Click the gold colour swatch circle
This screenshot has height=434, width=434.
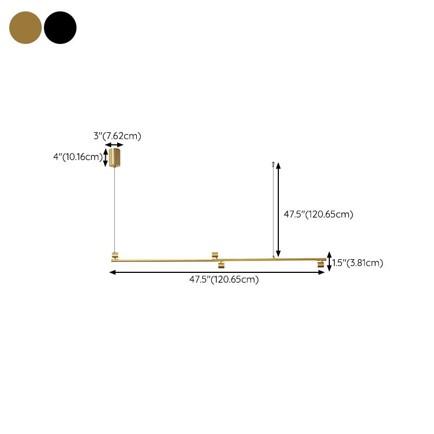pos(25,28)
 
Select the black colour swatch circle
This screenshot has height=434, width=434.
pos(60,28)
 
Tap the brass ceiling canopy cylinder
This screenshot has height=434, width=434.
pos(114,158)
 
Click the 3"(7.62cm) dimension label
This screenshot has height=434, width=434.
pos(117,136)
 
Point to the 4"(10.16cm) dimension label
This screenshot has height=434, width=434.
pos(78,157)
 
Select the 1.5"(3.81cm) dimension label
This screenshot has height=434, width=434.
pos(358,263)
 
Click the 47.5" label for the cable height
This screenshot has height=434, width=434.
pos(318,214)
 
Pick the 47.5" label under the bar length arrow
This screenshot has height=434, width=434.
pos(224,279)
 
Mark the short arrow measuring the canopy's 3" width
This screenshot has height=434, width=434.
pos(114,145)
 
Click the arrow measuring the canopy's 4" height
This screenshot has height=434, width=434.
pos(105,157)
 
